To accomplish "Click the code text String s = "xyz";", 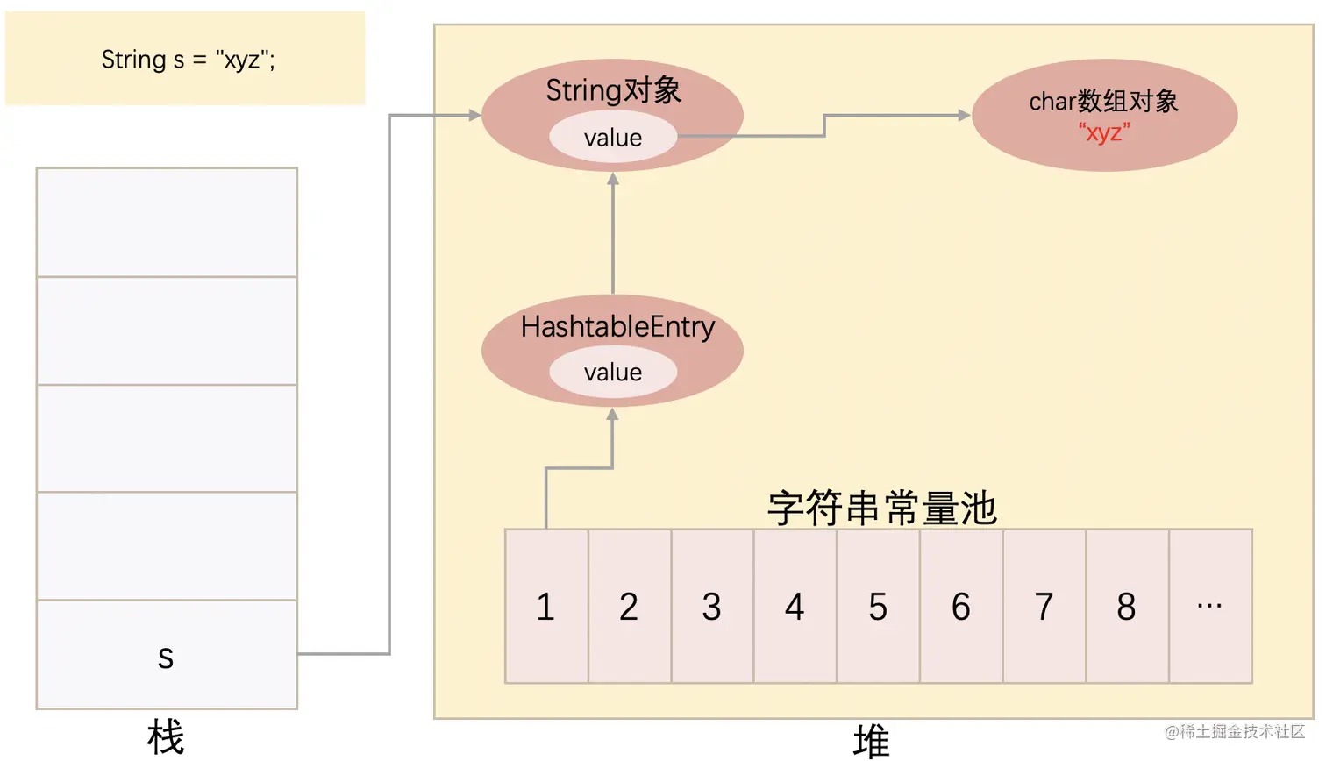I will coord(188,60).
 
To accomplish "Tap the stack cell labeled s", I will coord(167,655).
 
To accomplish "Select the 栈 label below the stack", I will coord(166,736).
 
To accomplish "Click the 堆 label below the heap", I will coord(871,742).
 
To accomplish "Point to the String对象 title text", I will coord(613,90).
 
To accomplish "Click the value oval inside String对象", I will coord(613,138).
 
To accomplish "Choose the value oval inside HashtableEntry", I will coord(613,373).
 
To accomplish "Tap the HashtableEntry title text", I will coord(617,327).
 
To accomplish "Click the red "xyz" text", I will coord(1104,133).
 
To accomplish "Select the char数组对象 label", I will coord(1103,102).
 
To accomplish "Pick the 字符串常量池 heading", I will coord(881,509).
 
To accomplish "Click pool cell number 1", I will coord(546,607).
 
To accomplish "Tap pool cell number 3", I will coord(712,607).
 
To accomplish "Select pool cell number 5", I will coord(878,607).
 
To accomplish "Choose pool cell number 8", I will coord(1127,607).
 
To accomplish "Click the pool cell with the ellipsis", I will coord(1210,607).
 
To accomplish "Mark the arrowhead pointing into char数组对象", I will coord(965,115).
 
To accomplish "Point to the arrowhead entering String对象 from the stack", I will coord(474,115).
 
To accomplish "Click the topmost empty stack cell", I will coord(167,222).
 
